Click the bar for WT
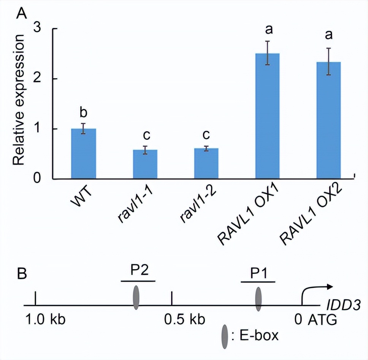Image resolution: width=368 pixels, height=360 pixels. pyautogui.click(x=84, y=154)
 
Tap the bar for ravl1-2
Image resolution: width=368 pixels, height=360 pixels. pyautogui.click(x=206, y=164)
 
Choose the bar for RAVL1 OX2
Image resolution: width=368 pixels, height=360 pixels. pyautogui.click(x=328, y=120)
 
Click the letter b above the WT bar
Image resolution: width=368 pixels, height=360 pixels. pyautogui.click(x=84, y=114)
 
